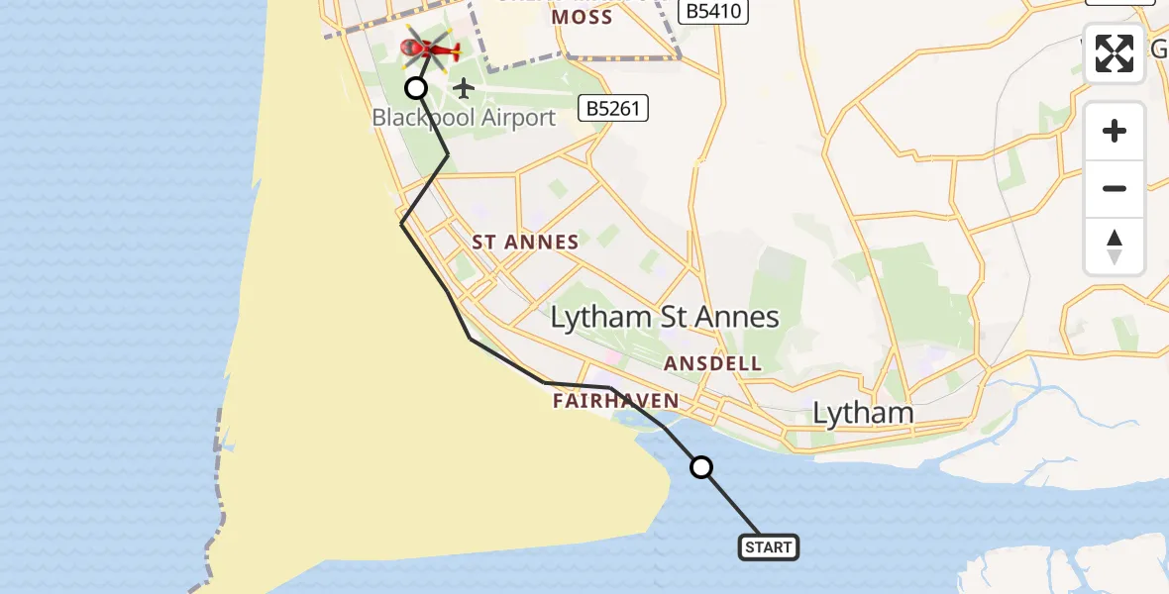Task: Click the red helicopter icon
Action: pos(430,48)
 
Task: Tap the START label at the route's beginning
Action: pos(768,546)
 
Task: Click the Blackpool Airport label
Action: pos(464,118)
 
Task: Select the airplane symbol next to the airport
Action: pos(464,88)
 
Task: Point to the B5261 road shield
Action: pos(614,108)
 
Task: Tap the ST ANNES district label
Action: pos(525,242)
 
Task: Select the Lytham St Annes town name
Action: pos(665,317)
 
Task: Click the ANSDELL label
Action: pos(713,363)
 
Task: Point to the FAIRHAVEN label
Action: pos(616,401)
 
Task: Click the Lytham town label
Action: pos(863,413)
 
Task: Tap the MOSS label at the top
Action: pos(582,17)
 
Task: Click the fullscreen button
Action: pos(1115,52)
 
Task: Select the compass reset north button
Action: pos(1115,247)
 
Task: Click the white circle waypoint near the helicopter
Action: pos(416,88)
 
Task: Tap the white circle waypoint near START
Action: pos(701,467)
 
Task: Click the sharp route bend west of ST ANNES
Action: pos(402,225)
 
